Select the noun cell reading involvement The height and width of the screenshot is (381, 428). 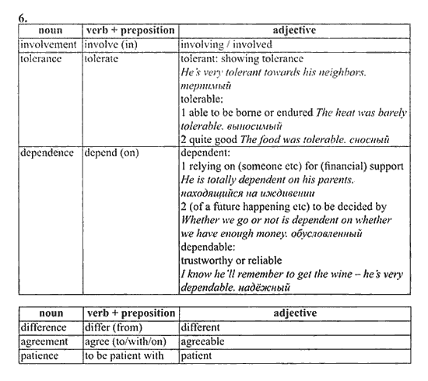(48, 44)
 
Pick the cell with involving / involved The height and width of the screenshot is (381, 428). (226, 44)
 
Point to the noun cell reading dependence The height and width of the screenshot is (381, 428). (48, 153)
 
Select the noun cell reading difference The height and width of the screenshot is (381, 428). (45, 327)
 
